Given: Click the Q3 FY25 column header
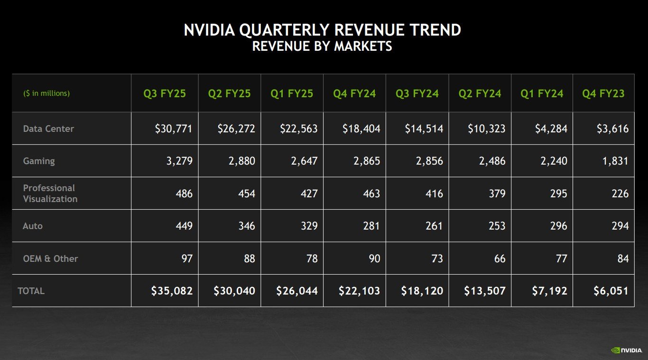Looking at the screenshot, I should (x=165, y=93).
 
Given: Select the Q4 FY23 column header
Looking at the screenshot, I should (x=603, y=93).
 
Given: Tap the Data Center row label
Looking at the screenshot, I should (x=48, y=129).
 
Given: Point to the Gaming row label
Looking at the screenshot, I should (x=39, y=161).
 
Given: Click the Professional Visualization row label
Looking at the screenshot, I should (x=50, y=194).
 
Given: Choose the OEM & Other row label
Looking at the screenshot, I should (x=50, y=258).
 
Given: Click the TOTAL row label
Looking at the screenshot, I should (x=31, y=291).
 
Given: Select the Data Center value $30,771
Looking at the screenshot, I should (x=174, y=129).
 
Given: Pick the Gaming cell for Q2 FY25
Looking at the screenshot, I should (x=241, y=161).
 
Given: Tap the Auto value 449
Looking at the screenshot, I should (x=184, y=226).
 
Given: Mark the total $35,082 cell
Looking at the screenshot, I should (x=172, y=291).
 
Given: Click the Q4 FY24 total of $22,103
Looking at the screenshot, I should (x=359, y=291).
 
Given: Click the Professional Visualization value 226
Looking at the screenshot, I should (x=620, y=194).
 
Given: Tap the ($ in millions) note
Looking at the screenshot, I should (x=46, y=93).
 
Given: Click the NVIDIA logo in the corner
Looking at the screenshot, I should (x=626, y=350).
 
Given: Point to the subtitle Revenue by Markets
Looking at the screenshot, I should (x=322, y=46).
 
